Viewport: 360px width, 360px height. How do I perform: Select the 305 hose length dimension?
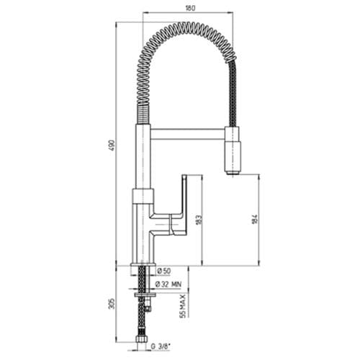109,302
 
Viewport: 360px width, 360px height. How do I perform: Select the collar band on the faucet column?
143,194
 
